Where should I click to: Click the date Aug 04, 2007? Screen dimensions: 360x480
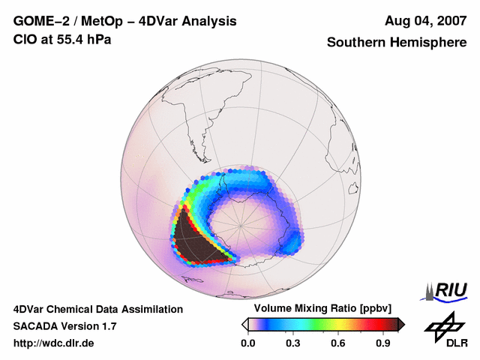[425, 21]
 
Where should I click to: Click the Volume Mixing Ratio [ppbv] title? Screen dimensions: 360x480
[319, 309]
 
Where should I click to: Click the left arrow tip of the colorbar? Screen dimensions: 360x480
[244, 324]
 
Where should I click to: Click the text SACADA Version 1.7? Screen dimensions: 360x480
[64, 326]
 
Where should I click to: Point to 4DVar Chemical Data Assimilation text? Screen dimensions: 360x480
[97, 309]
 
